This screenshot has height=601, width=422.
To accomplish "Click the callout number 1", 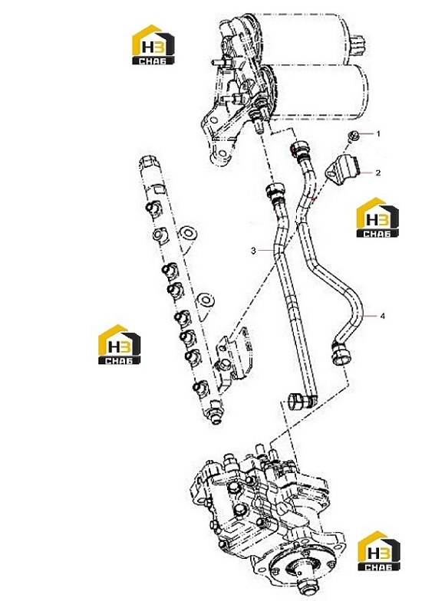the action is tap(378, 133).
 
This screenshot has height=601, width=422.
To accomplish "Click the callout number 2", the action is tap(377, 173).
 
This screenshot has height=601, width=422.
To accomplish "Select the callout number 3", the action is tap(253, 251).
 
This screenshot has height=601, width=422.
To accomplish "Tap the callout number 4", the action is tap(382, 316).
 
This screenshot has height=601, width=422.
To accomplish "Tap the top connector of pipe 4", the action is tap(300, 149).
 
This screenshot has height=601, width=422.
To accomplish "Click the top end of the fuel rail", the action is tap(150, 164).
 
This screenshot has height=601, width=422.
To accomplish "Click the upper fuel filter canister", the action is tap(307, 38).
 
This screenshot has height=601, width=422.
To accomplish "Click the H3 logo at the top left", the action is tap(153, 44).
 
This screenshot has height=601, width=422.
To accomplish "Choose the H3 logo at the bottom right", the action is tap(379, 551).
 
